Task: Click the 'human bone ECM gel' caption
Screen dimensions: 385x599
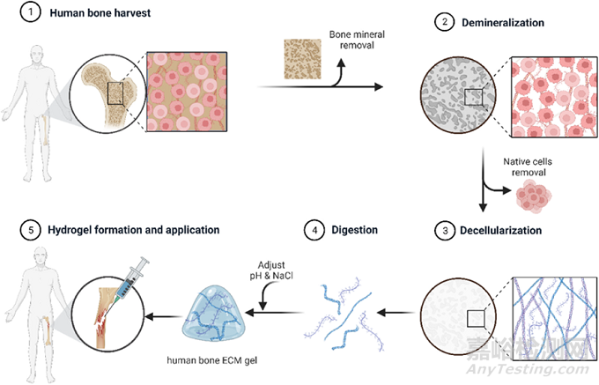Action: (x=218, y=359)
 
